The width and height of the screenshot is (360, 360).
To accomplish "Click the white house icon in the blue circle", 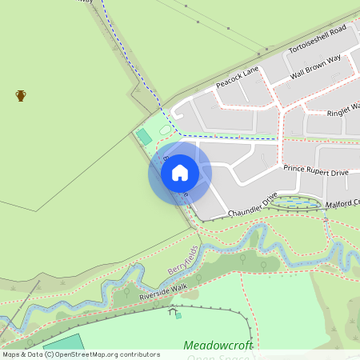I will pos(180,172).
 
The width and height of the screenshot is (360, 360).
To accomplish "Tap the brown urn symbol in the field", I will pos(21,96).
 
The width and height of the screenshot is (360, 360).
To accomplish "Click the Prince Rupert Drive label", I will pos(316,170).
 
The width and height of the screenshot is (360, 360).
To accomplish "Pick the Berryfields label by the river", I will pos(182,260).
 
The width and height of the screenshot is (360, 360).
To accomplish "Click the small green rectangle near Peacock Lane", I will pos(144,137).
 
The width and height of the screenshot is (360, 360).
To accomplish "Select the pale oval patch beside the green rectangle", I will pos(166,129).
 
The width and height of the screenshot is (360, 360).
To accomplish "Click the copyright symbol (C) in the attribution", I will pos(50,354).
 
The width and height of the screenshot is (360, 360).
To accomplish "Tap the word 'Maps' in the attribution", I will pos(12,354).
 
